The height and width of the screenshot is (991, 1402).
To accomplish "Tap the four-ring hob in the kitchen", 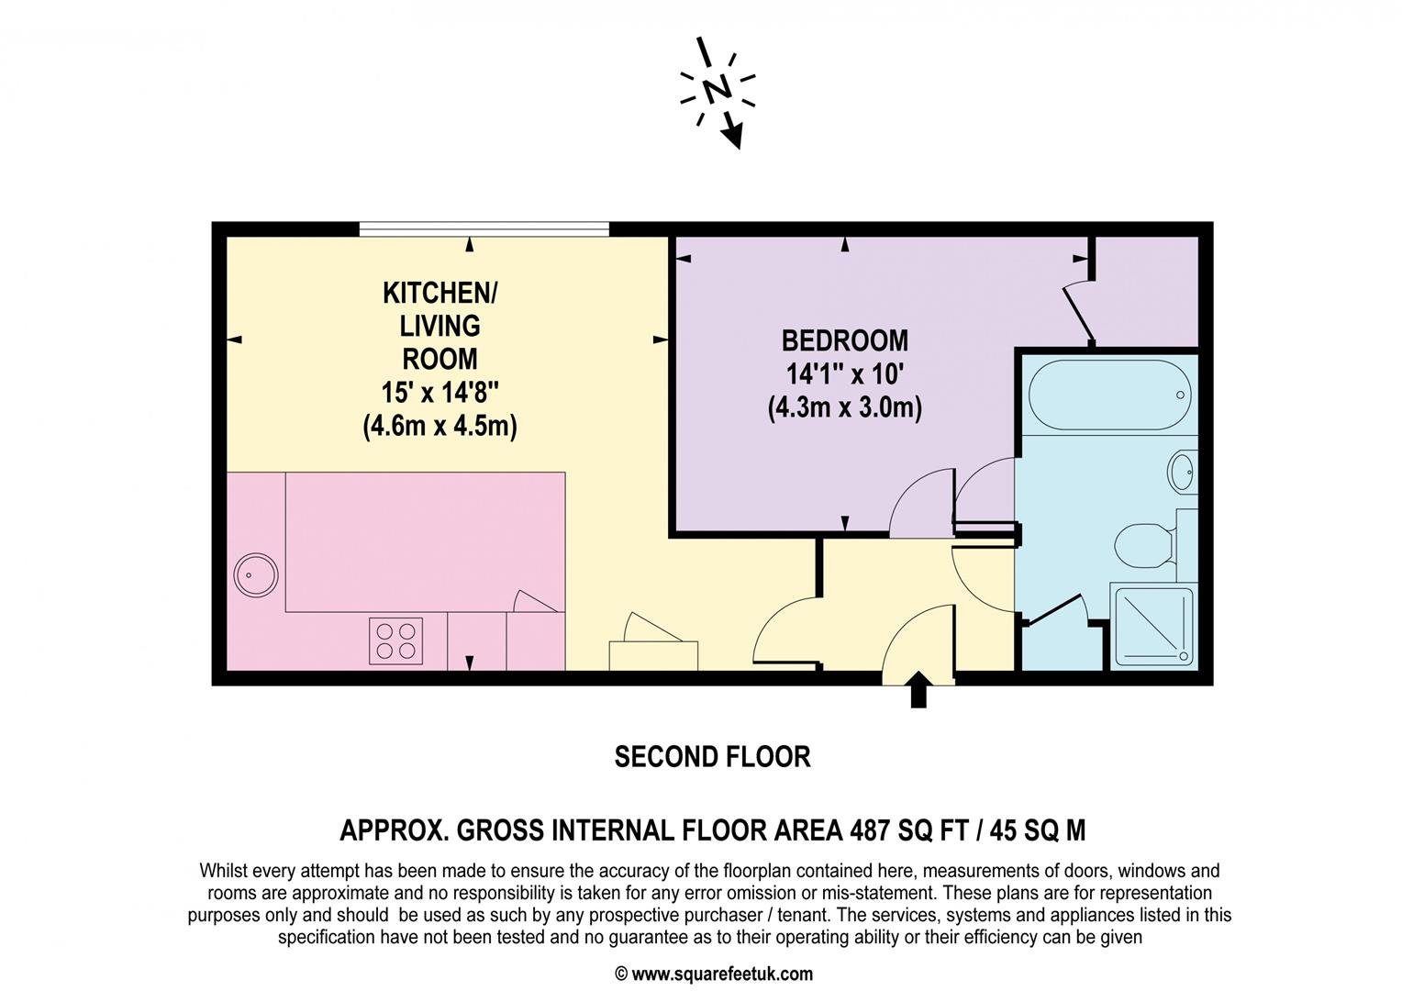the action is tap(395, 640).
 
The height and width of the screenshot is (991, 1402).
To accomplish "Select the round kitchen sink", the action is tap(256, 575).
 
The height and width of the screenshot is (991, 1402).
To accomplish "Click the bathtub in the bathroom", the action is tap(1109, 395).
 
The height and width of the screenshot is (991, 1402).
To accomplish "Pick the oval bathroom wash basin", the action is tap(1181, 471).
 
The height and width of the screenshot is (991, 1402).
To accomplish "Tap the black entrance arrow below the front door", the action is tap(918, 689).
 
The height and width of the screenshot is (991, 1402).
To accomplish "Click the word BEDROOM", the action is tap(844, 341).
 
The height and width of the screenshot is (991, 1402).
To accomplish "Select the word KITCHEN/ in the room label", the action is tap(440, 293).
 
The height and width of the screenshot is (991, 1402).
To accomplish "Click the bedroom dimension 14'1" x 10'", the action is tap(844, 374).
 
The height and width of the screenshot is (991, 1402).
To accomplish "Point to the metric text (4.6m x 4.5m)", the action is tap(440, 427).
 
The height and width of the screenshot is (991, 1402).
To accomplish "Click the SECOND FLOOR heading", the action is tap(712, 757).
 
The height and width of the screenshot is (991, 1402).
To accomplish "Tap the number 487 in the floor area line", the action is tap(869, 830).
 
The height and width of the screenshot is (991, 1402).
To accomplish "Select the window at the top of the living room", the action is tap(484, 229).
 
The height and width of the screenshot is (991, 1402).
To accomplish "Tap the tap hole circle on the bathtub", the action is tap(1180, 395).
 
